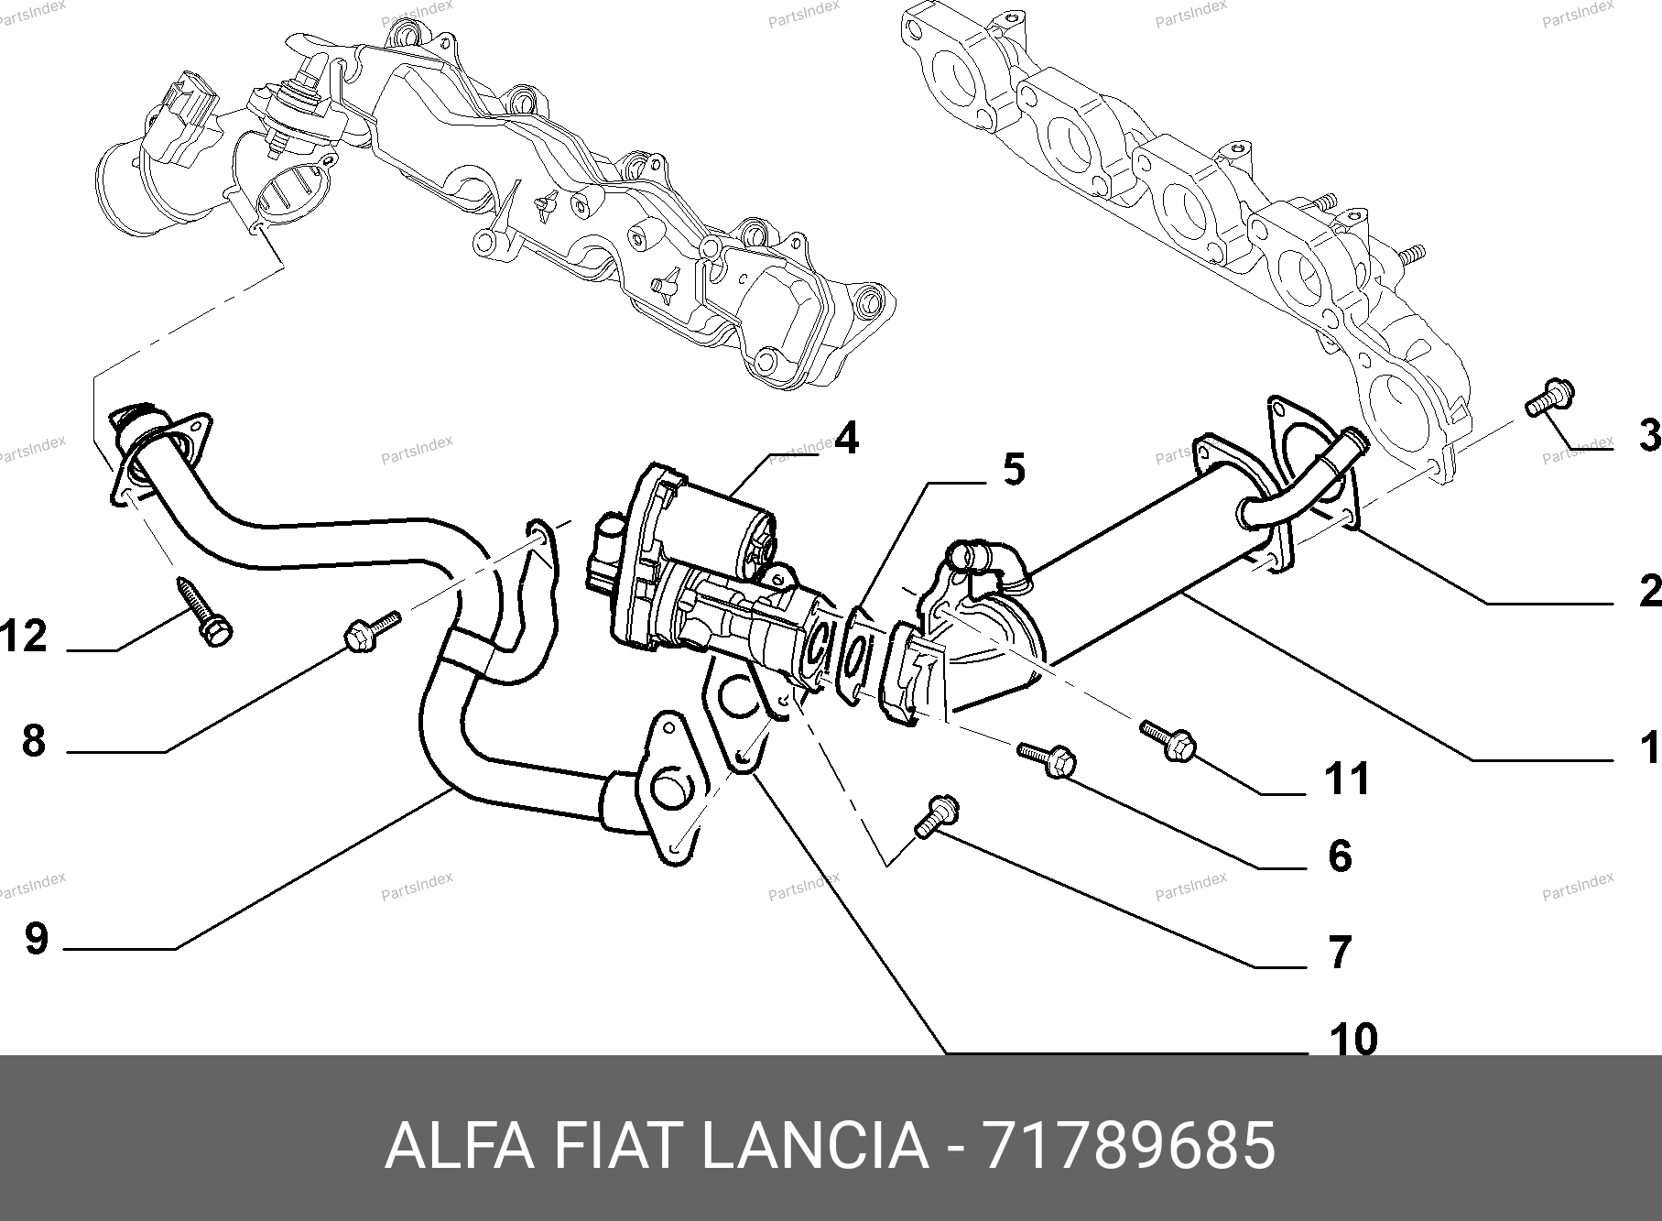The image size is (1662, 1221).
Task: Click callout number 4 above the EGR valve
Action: pos(846,440)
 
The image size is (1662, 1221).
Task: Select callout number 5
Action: pos(1013,470)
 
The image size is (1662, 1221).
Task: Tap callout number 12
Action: pos(24,636)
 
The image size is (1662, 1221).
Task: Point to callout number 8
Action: pos(34,740)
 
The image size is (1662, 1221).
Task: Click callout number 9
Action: pos(36,939)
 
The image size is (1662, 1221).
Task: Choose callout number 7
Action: pos(1340,953)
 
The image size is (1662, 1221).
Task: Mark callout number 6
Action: pos(1340,856)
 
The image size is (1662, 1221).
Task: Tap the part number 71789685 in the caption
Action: pos(1127,1146)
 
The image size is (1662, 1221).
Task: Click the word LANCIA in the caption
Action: pos(814,1146)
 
